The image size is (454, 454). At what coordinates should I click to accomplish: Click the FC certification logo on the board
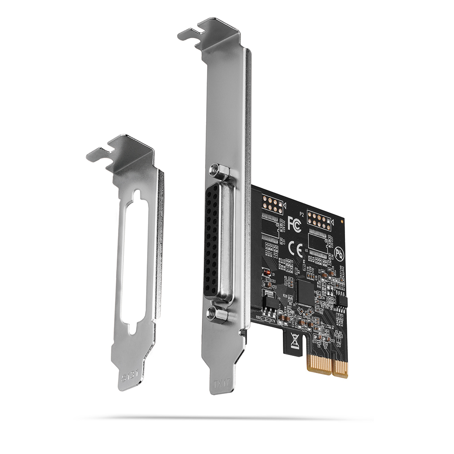[x=294, y=223]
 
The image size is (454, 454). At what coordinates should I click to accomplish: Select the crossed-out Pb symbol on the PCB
[x=339, y=252]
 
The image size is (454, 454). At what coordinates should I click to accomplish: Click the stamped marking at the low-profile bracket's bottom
[x=128, y=376]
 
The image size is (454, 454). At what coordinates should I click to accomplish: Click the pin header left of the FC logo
[x=271, y=205]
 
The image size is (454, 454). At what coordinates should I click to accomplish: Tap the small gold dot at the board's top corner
[x=342, y=220]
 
